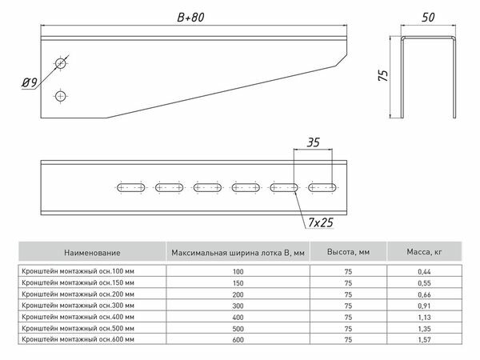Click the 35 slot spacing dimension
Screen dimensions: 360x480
click(313, 144)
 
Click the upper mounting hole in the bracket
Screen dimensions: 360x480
click(61, 62)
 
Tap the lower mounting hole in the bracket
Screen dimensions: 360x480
click(61, 97)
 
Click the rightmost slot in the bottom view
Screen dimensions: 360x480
click(323, 188)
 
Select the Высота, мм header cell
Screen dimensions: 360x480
click(347, 253)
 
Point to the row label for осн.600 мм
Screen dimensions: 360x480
click(72, 339)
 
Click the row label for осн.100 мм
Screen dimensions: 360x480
click(72, 272)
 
